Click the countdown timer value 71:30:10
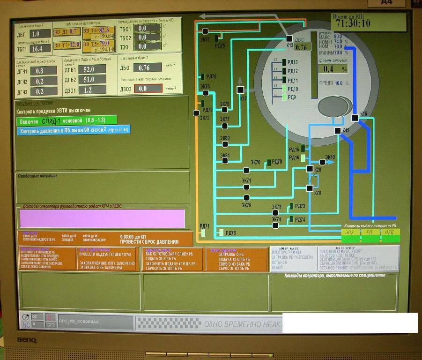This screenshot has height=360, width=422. click(351, 23)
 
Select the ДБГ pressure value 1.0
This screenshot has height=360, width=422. click(40, 34)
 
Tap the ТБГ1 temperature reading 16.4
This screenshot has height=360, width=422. click(40, 48)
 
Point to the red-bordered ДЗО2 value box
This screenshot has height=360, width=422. click(148, 88)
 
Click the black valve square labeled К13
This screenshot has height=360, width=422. click(289, 38)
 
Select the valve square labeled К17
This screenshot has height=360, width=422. click(240, 90)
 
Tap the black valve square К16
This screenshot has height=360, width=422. click(355, 118)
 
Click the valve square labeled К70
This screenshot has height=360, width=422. click(310, 188)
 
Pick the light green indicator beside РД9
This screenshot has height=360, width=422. click(284, 97)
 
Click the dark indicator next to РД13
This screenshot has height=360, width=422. click(284, 62)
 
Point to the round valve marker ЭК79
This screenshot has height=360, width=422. click(246, 197)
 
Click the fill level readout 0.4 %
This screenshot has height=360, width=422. click(333, 69)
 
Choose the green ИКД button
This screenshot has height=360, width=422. click(389, 232)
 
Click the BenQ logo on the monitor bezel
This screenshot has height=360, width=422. click(27, 340)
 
